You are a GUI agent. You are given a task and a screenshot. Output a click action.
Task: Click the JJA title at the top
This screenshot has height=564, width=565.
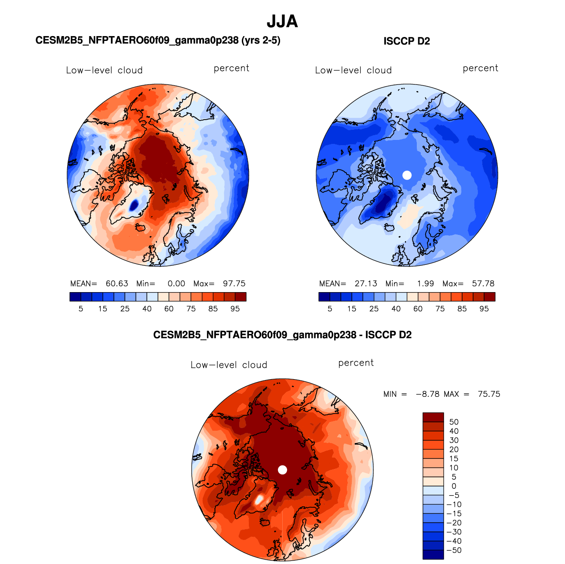coord(282,22)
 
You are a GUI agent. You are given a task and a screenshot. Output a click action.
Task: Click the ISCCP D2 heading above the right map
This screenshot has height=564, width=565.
coord(406,41)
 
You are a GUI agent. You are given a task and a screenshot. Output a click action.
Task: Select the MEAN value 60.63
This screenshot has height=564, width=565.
coord(117,283)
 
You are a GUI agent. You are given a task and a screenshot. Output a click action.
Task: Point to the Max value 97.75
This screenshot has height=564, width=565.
coord(234,283)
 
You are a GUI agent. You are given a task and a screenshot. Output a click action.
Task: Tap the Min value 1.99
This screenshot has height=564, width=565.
coord(426,283)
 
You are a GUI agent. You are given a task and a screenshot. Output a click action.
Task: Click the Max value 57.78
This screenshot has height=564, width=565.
coord(483,283)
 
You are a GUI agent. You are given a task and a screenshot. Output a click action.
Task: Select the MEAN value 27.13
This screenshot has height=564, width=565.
coord(366,283)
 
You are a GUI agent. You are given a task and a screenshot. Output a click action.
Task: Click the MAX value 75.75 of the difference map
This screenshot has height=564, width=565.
coord(489,394)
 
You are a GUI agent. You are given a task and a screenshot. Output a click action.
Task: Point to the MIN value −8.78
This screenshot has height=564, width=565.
coord(427,394)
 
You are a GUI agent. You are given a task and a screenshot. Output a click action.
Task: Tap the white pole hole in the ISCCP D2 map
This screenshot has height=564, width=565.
coord(407,175)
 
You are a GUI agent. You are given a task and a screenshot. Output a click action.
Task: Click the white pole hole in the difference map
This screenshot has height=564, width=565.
coord(282,470)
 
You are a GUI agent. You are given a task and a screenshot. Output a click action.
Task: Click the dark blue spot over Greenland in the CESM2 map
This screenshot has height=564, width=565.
coord(134,205)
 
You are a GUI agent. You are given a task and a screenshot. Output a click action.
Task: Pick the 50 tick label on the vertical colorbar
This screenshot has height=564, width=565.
coord(454,421)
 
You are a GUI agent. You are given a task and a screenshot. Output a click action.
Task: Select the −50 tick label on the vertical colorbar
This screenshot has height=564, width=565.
coord(454,550)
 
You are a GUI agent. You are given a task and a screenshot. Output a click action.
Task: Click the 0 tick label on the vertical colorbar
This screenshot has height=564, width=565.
coord(454,486)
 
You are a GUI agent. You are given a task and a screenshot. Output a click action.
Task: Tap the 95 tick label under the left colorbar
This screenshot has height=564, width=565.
coord(235,309)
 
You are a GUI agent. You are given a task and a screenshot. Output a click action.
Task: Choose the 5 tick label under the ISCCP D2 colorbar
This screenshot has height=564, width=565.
coord(330,309)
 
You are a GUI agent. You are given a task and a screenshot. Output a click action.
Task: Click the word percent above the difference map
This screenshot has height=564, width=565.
coord(356,363)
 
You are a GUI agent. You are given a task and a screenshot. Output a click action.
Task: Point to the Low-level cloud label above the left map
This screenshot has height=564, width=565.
coord(104,70)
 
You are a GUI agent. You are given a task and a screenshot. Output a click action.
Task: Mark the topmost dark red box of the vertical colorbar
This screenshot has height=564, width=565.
coord(433,417)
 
